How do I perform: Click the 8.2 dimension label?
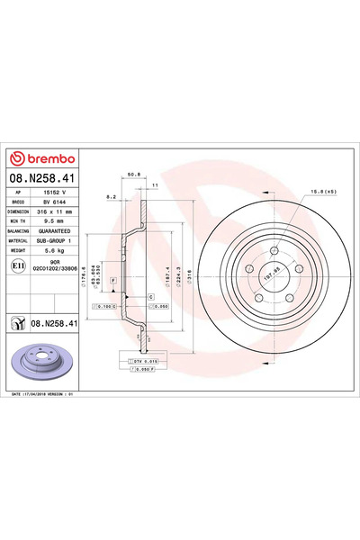point(110,195)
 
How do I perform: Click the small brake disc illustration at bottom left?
point(32,361)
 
